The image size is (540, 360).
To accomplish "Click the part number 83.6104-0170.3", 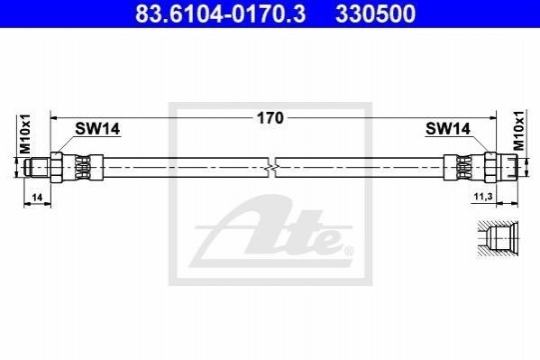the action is coord(220,14).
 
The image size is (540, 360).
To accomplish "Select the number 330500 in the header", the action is coord(376,14).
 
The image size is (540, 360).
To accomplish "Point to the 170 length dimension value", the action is coord(270,118).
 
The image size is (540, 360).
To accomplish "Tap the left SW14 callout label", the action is coord(97,129).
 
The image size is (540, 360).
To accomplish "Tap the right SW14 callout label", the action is coord(448,129).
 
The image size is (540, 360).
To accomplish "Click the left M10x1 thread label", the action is coord(25,134).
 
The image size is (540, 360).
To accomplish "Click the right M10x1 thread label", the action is coord(518,131).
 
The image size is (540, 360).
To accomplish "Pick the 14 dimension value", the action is coord(37,198).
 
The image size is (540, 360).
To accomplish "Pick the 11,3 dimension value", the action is coord(483,197).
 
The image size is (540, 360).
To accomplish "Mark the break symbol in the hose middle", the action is coord(271,168).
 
